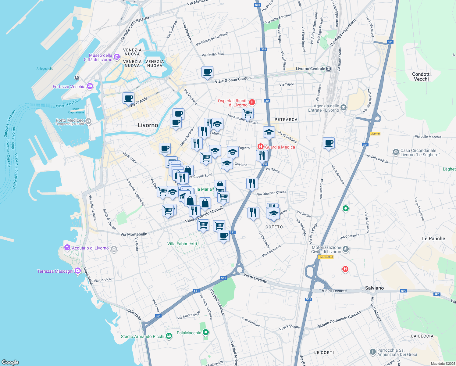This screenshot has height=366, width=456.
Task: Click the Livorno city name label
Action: click(148, 125)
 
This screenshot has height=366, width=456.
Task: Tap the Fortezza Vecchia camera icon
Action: click(90, 87)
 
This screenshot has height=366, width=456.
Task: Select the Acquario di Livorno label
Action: click(90, 248)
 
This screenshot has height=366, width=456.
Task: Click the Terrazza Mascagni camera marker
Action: click(78, 271)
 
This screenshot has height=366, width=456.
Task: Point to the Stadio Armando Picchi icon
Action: click(169, 336)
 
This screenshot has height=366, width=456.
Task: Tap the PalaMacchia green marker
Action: click(206, 332)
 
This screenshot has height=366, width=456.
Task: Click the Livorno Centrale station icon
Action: click(329, 69)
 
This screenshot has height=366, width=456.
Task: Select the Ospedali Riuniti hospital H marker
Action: click(252, 102)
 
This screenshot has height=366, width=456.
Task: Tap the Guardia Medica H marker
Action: click(260, 147)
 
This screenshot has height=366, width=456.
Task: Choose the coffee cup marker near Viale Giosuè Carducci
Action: click(207, 72)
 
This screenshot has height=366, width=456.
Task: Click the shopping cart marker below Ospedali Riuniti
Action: click(248, 113)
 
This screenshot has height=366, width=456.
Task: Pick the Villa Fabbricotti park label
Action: click(182, 244)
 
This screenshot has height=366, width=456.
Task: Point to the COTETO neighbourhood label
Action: click(274, 227)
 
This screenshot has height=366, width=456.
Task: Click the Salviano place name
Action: click(374, 288)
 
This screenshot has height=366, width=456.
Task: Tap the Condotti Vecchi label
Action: click(421, 77)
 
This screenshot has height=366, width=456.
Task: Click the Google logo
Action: click(10, 362)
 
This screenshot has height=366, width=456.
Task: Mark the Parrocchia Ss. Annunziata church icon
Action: click(372, 352)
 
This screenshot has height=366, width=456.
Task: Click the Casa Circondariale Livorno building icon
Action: click(396, 152)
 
